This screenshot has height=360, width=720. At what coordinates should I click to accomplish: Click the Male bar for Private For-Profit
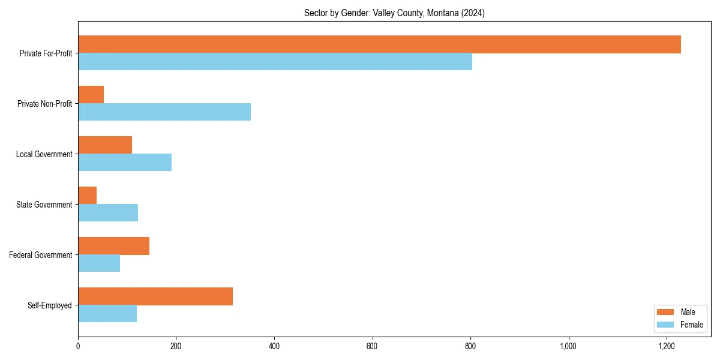coord(379,44)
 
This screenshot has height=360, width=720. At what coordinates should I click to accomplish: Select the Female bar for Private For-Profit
coord(275,62)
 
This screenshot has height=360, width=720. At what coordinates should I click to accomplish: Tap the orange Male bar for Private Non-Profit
coord(91,95)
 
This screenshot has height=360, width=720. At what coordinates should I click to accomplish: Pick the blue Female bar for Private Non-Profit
coord(164,112)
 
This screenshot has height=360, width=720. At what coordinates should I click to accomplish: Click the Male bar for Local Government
coord(105,145)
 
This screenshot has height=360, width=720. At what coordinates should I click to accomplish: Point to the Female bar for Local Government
coord(125,163)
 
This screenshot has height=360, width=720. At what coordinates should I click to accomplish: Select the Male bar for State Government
coord(87,196)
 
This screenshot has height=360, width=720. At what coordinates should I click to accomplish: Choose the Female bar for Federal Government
coord(99,263)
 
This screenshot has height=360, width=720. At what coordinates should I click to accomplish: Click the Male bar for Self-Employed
coord(155,296)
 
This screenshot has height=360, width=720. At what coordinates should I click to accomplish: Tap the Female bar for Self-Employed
coord(107,314)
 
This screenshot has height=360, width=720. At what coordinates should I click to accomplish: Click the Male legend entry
coord(680,312)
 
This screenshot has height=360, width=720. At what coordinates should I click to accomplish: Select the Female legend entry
coord(680,325)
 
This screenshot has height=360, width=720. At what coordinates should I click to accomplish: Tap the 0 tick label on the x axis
coord(78,347)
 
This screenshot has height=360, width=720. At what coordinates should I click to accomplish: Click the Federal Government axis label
coord(41,255)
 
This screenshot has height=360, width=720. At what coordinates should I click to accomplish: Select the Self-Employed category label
coord(50,305)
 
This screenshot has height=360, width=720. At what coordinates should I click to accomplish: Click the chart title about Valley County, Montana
coord(394,13)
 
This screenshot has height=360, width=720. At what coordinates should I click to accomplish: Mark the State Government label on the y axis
coord(44,205)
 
